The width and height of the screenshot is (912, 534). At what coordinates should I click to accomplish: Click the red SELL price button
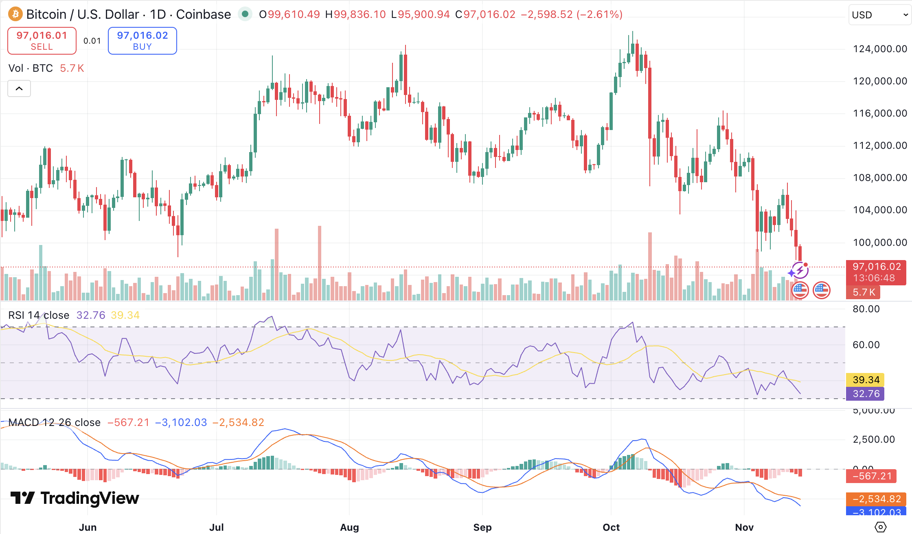[x=42, y=41]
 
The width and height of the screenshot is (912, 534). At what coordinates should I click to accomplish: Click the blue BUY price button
[x=142, y=41]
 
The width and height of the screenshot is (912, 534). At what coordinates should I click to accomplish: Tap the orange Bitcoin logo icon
[x=15, y=14]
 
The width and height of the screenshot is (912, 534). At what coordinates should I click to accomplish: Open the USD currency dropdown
[x=879, y=15]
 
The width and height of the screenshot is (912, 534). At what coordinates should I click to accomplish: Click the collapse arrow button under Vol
[x=19, y=88]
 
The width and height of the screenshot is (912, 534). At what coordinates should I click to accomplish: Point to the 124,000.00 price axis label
[x=880, y=49]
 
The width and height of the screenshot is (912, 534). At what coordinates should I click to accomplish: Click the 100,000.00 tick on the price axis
[x=880, y=243]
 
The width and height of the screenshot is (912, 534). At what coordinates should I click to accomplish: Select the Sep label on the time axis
[x=482, y=527]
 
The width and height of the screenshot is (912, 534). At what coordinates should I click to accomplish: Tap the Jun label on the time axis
[x=88, y=527]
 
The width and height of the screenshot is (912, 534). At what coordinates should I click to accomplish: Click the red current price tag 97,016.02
[x=876, y=272]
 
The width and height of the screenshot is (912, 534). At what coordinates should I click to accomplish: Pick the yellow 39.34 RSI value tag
[x=866, y=380]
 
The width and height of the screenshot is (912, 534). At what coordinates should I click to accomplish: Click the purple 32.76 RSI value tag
[x=866, y=394]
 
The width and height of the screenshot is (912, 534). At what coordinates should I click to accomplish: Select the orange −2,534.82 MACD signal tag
[x=876, y=499]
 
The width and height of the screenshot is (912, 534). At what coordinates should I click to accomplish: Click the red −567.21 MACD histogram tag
[x=871, y=476]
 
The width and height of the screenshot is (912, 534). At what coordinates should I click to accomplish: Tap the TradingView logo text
[x=75, y=498]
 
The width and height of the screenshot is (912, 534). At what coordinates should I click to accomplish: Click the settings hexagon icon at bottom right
[x=880, y=527]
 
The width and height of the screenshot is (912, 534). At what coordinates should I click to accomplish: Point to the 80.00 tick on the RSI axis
[x=866, y=309]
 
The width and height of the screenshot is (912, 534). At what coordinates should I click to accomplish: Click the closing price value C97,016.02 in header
[x=485, y=14]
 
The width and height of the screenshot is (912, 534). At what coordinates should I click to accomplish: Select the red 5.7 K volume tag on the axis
[x=863, y=292]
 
